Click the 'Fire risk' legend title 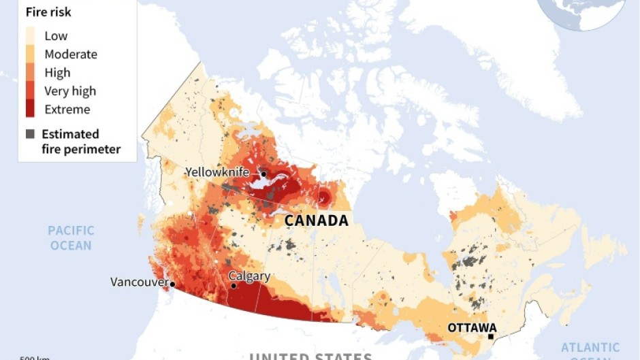[x=48, y=12]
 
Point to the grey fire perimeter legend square [x=30, y=134]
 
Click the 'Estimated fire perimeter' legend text [x=80, y=142]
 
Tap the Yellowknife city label [x=217, y=172]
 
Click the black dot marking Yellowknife [x=263, y=174]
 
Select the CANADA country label [x=316, y=220]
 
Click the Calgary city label [x=249, y=276]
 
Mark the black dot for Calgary [x=234, y=286]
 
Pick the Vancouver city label [x=139, y=282]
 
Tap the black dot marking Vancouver [x=173, y=284]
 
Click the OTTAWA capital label [x=472, y=327]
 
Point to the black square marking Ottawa [x=491, y=336]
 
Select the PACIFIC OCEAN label [x=71, y=238]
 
